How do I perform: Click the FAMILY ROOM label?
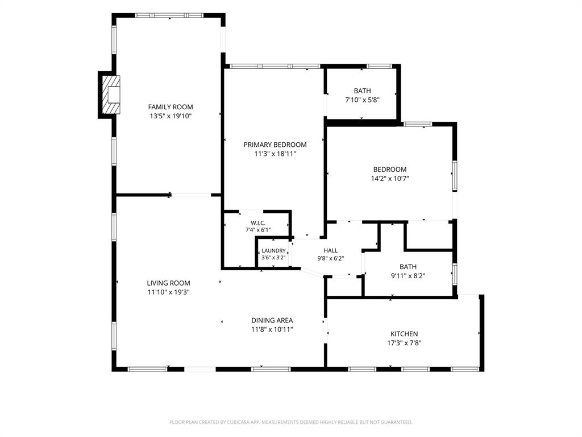tap(171, 107)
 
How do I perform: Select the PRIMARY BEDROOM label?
tap(275, 145)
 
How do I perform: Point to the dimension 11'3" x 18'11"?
tap(275, 154)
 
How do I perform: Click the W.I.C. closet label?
tap(258, 223)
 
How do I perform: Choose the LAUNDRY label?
tap(273, 251)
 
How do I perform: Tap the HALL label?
tap(331, 250)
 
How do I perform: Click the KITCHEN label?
tap(404, 334)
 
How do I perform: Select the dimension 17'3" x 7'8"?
tap(404, 343)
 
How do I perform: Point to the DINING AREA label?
tap(272, 320)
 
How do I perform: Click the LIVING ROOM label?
tap(168, 283)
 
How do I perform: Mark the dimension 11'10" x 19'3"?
tap(168, 292)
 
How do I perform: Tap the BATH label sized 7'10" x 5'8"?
tap(362, 90)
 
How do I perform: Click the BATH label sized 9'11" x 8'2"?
tap(408, 267)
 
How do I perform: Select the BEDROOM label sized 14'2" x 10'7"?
tap(390, 170)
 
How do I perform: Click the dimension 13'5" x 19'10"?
tap(171, 116)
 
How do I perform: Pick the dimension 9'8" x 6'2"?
tap(331, 259)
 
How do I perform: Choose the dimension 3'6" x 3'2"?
tap(273, 258)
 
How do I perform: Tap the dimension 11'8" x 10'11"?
tap(272, 329)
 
